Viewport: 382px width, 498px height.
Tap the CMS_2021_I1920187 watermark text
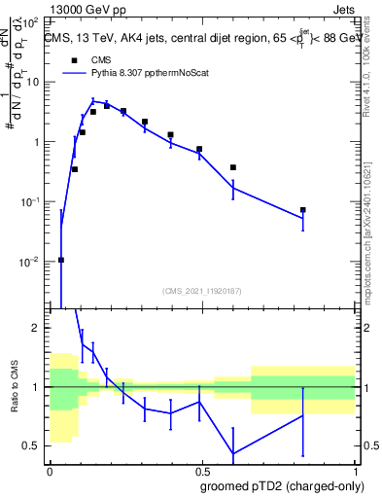(202, 291)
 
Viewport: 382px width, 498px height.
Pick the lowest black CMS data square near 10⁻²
(61, 260)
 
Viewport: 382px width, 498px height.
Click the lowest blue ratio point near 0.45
(233, 453)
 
